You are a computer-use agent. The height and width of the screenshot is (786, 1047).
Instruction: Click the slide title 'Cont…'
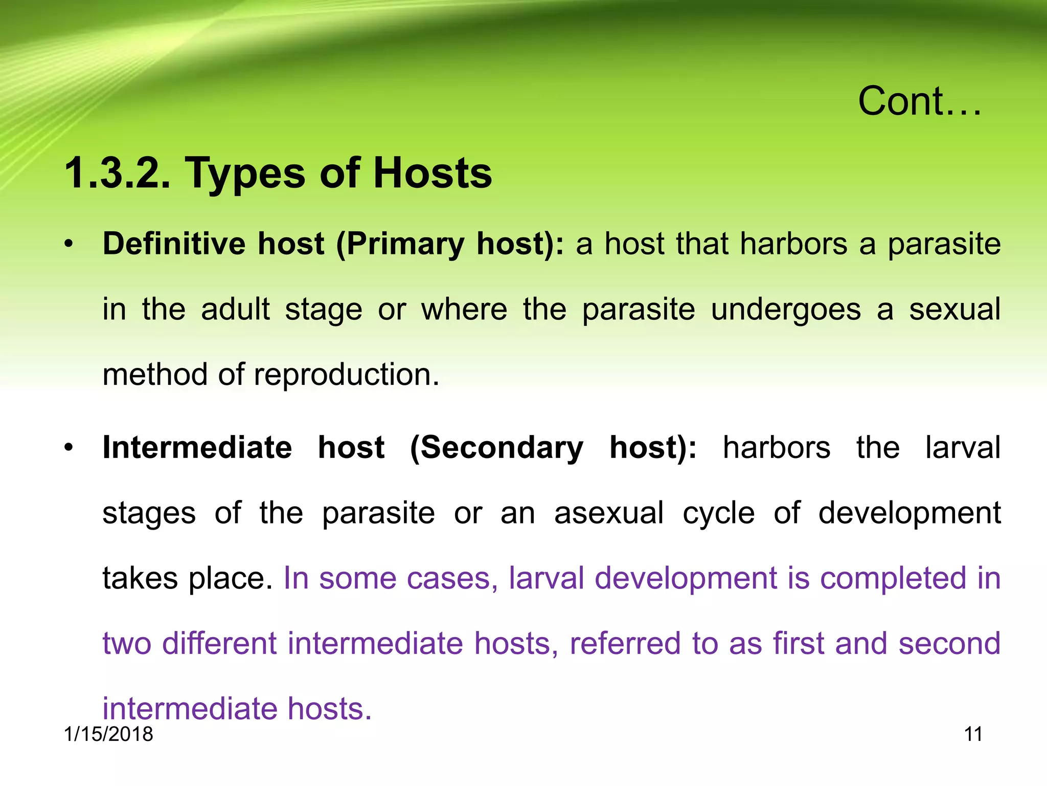coord(919,101)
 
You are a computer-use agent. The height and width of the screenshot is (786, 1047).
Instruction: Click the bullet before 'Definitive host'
coord(69,244)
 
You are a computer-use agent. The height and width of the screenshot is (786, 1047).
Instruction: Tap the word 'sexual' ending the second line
coord(954,309)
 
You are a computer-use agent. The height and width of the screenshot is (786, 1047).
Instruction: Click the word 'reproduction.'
coord(346,375)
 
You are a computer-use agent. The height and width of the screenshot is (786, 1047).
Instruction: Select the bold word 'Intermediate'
coord(197,447)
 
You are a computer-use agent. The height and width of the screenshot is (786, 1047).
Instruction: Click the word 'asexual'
coord(609,513)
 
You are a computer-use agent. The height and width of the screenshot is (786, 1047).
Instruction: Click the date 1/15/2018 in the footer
coord(108,734)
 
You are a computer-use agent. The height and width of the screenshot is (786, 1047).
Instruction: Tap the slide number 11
coord(973,734)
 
